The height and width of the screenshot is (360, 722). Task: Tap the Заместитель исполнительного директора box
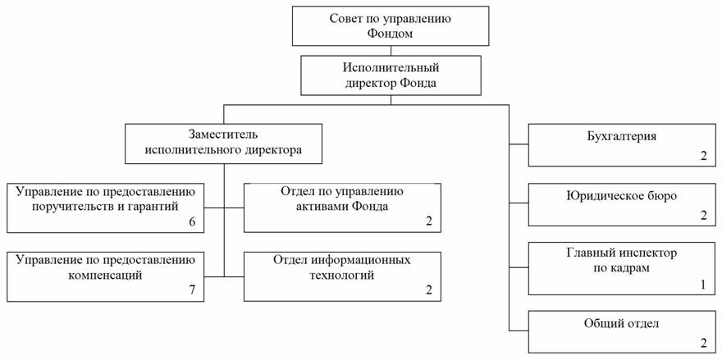tap(222, 143)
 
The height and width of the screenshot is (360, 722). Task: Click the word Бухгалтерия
tap(616, 136)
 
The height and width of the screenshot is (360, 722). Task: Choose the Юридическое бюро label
tap(616, 194)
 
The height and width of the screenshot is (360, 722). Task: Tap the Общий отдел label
tap(616, 324)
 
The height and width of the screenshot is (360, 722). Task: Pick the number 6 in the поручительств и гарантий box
tap(191, 222)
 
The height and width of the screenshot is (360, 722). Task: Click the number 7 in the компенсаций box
tap(191, 290)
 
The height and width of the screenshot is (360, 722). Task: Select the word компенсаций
tap(105, 275)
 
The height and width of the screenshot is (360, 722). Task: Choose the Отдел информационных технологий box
tap(342, 274)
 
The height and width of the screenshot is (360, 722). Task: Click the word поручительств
tap(66, 206)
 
